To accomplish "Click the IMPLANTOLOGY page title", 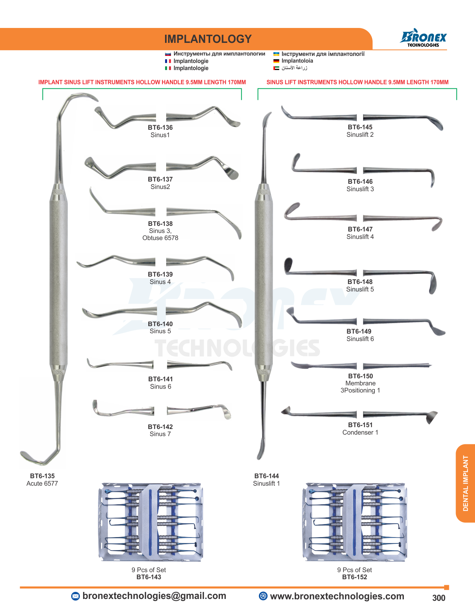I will [208, 39].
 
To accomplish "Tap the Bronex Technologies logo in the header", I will [423, 38].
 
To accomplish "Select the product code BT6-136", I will [160, 127].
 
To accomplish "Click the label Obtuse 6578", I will [160, 238].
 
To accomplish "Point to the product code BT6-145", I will [360, 127].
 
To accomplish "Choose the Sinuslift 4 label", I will [360, 237].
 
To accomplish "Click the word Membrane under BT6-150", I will [360, 383].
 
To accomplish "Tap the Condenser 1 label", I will [360, 432].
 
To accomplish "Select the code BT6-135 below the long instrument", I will [42, 476].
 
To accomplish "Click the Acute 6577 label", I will [42, 483].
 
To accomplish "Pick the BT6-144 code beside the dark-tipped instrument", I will [266, 476].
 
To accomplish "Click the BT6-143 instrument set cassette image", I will [151, 522].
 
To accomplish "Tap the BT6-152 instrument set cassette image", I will [355, 522].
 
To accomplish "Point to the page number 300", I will [438, 598].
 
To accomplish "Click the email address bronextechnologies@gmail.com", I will [154, 596].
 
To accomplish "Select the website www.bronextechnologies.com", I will [337, 596].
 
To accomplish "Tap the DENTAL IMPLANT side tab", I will [465, 483].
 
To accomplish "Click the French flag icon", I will [168, 61].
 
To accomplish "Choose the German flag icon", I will [276, 61].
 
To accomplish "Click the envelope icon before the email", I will [75, 596].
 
